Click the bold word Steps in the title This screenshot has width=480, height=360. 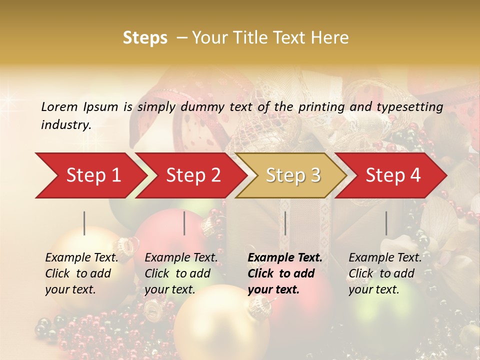[145, 38]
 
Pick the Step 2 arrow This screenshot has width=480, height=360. [190, 175]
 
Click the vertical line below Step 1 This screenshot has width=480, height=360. [84, 223]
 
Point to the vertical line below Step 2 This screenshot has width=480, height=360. [184, 223]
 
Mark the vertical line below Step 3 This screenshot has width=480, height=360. [285, 223]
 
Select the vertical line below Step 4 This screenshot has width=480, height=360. [386, 223]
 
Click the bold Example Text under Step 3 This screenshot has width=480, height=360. [285, 258]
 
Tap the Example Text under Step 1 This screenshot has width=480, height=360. [81, 258]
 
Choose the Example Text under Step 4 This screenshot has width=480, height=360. [385, 258]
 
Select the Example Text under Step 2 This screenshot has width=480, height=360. [181, 258]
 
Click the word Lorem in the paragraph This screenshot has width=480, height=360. [59, 106]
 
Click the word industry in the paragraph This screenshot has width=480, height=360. [65, 125]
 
